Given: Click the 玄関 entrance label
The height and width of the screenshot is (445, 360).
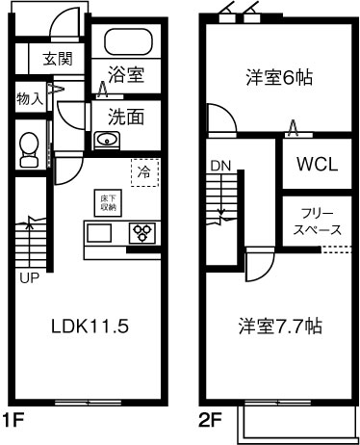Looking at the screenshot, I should click(x=57, y=60).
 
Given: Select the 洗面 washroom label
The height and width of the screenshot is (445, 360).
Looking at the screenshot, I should click(x=125, y=118).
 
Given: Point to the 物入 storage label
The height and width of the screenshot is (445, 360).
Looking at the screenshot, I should click(x=29, y=97).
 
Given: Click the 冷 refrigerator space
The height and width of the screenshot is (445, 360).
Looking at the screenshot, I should click(x=144, y=173).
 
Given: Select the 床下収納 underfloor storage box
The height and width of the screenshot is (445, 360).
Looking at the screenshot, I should click(x=107, y=201).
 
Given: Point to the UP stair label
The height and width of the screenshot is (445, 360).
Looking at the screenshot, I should click(x=29, y=278).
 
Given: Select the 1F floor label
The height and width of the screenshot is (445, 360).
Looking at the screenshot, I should click(x=13, y=420).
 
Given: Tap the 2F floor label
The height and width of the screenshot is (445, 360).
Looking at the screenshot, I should click(x=211, y=420).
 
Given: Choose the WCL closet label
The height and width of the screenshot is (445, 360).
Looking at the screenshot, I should click(x=316, y=164).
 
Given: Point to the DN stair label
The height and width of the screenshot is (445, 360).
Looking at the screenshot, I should click(x=219, y=165).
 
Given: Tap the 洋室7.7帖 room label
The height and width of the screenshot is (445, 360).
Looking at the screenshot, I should click(x=280, y=327).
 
